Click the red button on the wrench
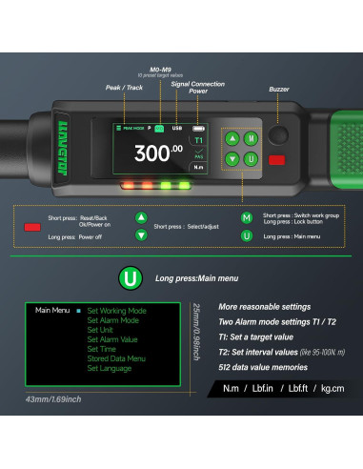pyautogui.click(x=276, y=160)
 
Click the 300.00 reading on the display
pyautogui.click(x=158, y=152)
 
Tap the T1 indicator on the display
pyautogui.click(x=199, y=139)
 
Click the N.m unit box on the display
pyautogui.click(x=199, y=164)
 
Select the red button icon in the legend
pyautogui.click(x=32, y=227)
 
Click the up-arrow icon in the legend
pyautogui.click(x=141, y=217)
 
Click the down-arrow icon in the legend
pyautogui.click(x=141, y=235)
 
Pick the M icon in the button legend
pyautogui.click(x=247, y=217)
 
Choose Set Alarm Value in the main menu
pyautogui.click(x=112, y=339)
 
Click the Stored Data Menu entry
pyautogui.click(x=116, y=359)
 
